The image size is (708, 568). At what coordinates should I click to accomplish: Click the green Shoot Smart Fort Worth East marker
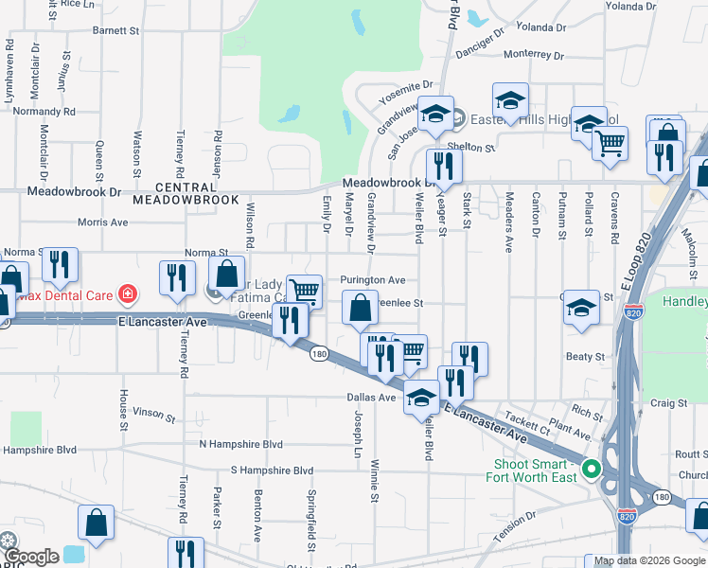(x=593, y=469)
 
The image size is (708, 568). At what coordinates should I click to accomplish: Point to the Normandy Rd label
(x=44, y=112)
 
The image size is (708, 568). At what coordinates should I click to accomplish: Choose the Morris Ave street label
(x=104, y=222)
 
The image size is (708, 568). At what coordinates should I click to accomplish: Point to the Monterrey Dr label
(x=534, y=55)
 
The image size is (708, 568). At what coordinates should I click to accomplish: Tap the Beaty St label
(x=585, y=357)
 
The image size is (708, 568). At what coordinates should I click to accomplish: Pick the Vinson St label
(x=153, y=414)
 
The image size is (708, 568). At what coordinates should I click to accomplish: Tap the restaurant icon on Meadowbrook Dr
(x=442, y=165)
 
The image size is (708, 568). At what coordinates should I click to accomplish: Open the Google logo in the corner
(x=33, y=557)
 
